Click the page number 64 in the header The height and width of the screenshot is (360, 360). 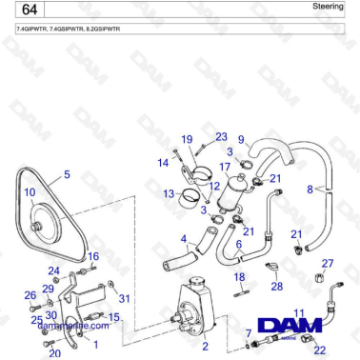click(28, 10)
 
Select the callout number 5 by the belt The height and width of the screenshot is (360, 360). click(67, 174)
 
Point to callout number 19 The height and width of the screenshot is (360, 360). click(187, 139)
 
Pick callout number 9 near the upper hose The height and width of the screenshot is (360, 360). click(241, 139)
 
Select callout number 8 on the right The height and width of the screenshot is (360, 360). click(310, 190)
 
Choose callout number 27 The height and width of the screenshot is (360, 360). click(328, 264)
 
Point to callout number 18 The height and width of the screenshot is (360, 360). click(240, 276)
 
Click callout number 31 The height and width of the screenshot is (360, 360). click(125, 299)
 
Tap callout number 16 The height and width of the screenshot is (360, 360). click(93, 256)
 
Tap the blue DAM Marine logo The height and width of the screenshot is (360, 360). click(294, 327)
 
